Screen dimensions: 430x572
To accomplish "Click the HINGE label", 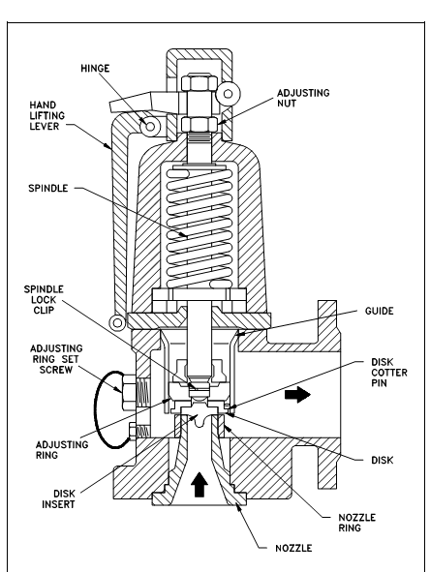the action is click(95, 69).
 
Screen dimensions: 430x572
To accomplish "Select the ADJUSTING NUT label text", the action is click(303, 98).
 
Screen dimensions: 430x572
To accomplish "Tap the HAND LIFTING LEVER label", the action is click(47, 115).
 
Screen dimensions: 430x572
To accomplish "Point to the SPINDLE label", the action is click(48, 188).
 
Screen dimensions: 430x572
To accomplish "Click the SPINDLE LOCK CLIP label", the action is click(44, 299).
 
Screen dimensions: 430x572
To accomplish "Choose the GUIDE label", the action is click(380, 312).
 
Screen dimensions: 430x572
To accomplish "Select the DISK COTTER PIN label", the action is click(389, 373).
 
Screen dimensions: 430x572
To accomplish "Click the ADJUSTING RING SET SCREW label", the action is click(56, 359).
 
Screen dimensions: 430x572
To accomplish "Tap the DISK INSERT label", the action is click(58, 499).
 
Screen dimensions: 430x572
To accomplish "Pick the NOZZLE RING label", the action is click(356, 523).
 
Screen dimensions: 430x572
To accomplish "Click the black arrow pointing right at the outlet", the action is click(297, 395).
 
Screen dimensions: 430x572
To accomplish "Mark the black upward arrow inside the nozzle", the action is click(200, 484).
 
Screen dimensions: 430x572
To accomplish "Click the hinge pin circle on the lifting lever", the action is click(150, 126).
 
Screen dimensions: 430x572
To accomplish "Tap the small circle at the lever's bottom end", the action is click(117, 323).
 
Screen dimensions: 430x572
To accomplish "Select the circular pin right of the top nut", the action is click(229, 94).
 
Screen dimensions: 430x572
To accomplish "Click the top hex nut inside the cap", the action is click(200, 83).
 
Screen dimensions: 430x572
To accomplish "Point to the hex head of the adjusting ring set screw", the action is click(129, 392).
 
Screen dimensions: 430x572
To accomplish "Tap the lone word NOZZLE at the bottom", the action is click(293, 549).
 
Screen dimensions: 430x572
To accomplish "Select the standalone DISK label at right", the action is click(383, 461).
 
